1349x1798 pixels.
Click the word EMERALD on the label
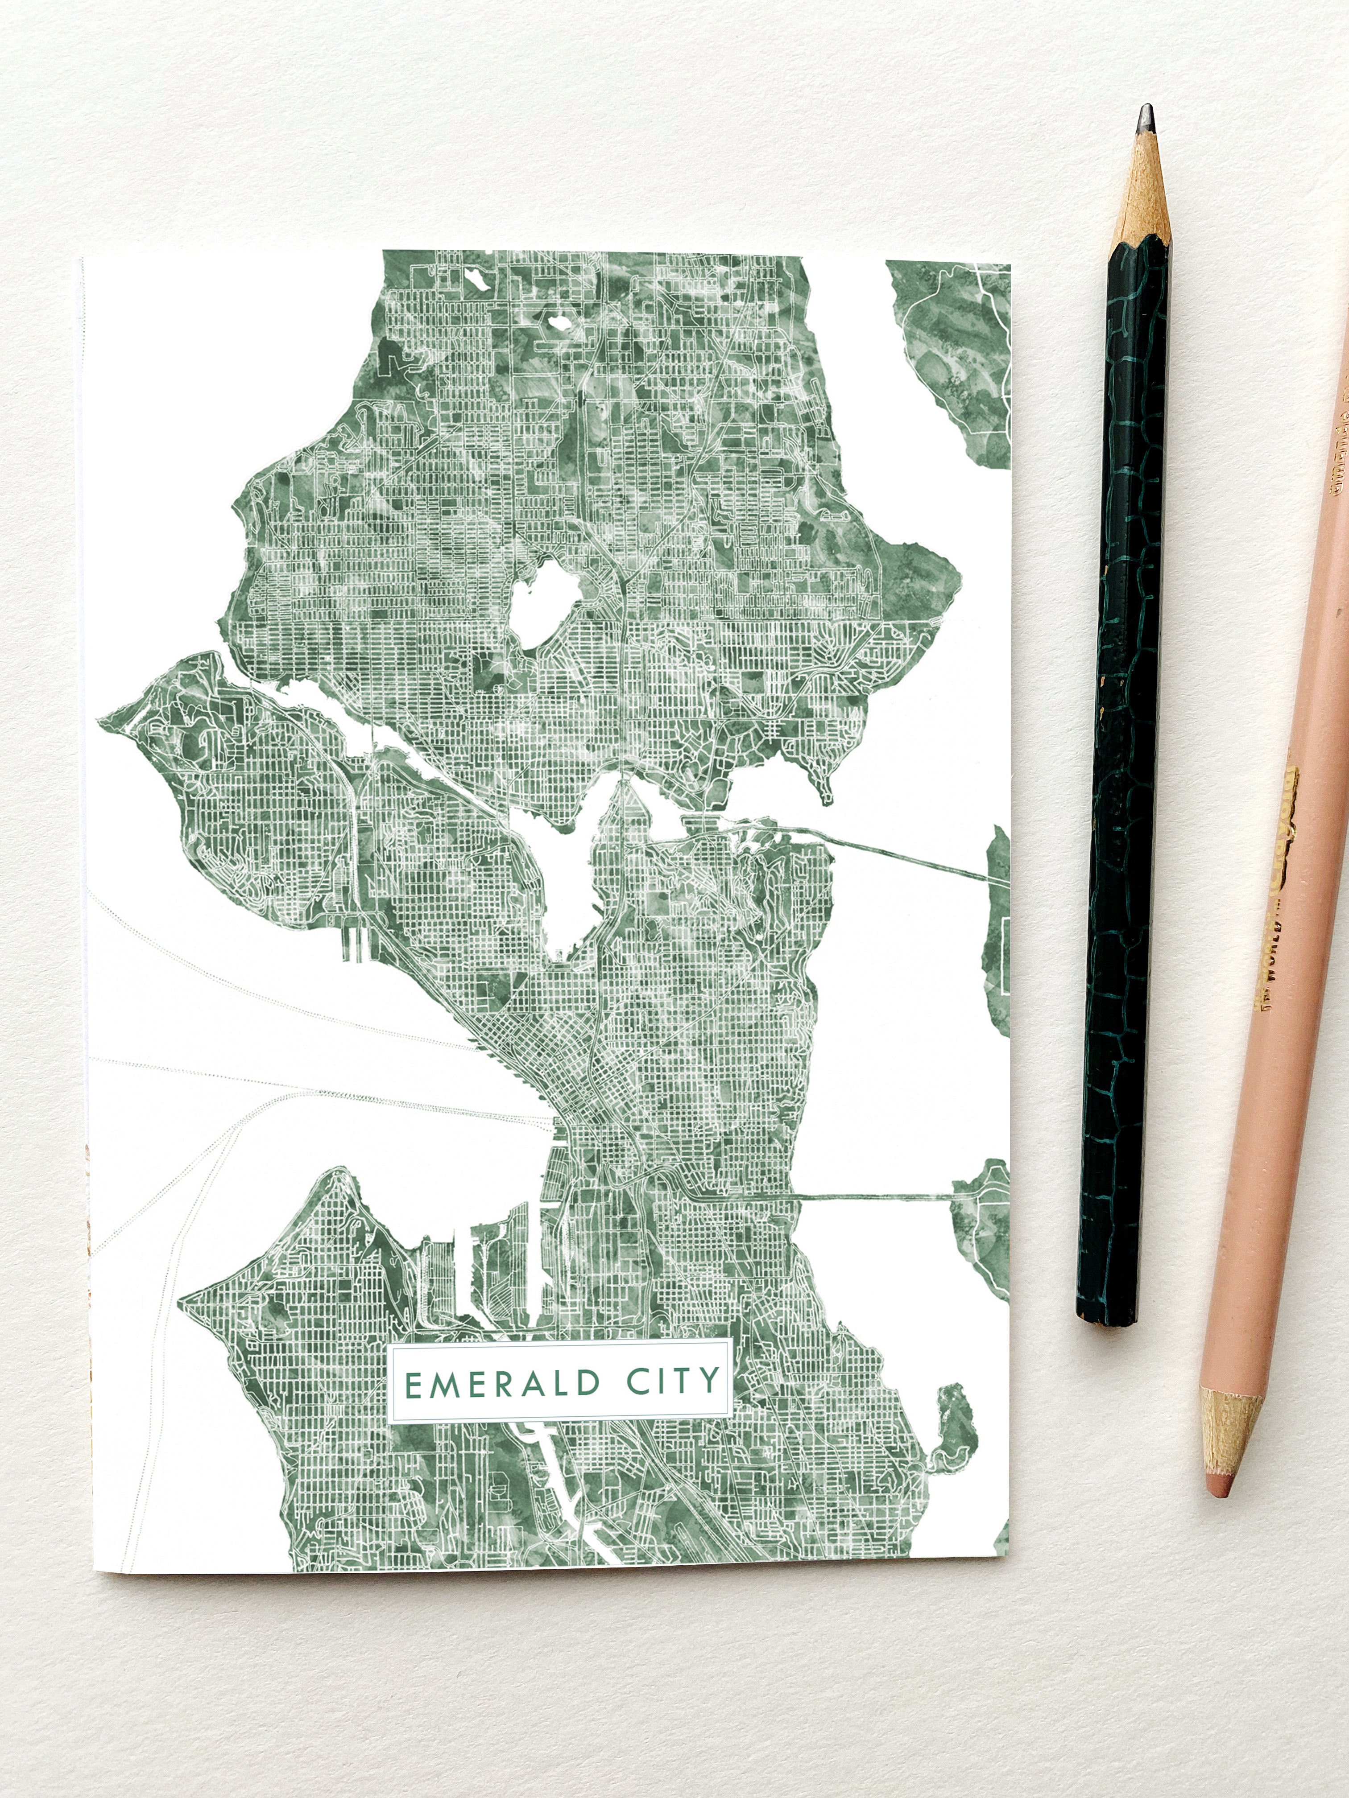(x=502, y=1383)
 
